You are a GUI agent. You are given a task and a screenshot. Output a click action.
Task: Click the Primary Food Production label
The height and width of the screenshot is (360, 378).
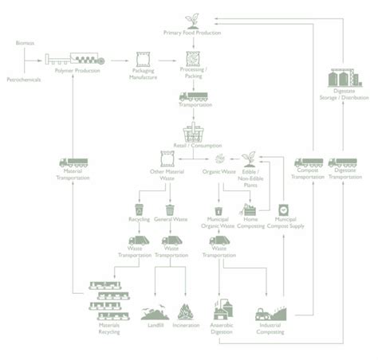pyautogui.click(x=192, y=34)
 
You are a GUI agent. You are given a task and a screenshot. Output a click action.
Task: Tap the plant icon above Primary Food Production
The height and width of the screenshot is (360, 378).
pyautogui.click(x=192, y=18)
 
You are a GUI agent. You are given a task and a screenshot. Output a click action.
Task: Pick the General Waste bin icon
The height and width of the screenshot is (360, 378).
pyautogui.click(x=170, y=211)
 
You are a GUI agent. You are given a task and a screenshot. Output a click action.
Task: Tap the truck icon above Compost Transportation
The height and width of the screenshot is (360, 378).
pyautogui.click(x=306, y=161)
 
